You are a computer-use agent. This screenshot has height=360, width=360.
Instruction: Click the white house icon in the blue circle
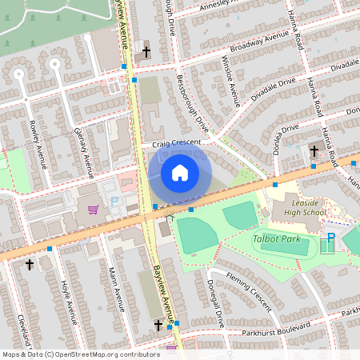pyautogui.click(x=180, y=173)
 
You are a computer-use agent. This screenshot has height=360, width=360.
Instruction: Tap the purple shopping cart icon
pyautogui.click(x=94, y=210)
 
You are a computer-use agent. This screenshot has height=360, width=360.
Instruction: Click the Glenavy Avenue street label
pyautogui.click(x=83, y=147)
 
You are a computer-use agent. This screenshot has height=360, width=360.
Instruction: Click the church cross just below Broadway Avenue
pyautogui.click(x=146, y=52)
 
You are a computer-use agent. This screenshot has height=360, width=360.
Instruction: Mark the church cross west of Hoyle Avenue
pyautogui.click(x=30, y=264)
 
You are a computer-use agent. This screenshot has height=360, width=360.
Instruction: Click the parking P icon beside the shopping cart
pyautogui.click(x=114, y=202)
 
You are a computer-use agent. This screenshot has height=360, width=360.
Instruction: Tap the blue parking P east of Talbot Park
pyautogui.click(x=331, y=238)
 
